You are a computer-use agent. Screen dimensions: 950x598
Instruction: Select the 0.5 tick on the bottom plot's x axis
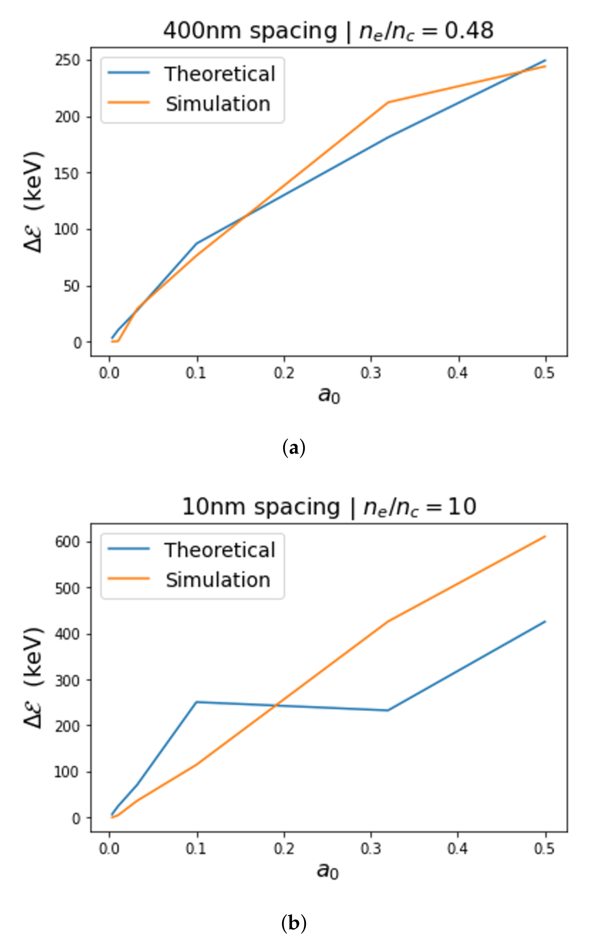tap(545, 848)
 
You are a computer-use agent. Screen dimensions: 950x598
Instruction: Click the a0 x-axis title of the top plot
tap(329, 395)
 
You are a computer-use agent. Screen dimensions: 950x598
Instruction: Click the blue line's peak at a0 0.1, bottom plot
tap(197, 702)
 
